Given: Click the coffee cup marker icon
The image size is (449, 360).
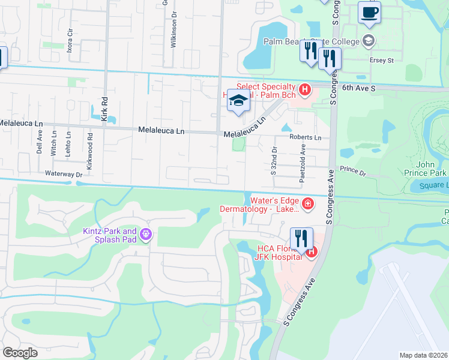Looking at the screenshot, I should click(369, 11).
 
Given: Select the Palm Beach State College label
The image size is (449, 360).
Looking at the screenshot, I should click(311, 41).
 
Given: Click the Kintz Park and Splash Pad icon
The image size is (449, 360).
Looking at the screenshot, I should click(145, 233).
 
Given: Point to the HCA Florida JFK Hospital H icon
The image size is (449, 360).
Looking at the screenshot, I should click(312, 253).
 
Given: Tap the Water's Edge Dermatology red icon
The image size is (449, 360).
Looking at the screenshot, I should click(308, 205).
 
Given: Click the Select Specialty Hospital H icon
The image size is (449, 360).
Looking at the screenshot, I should click(305, 91).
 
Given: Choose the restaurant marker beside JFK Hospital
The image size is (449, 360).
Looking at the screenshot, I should click(301, 238).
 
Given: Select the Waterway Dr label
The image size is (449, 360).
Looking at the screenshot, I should click(63, 174).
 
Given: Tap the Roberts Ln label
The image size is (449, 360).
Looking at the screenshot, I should click(306, 137).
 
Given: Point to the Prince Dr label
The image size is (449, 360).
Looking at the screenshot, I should click(353, 172).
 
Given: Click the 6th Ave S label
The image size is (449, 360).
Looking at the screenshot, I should click(359, 88).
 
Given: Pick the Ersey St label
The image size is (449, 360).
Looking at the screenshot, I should click(382, 60).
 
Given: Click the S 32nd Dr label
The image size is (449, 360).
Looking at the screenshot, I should click(273, 161).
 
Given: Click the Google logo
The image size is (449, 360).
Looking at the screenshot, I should click(20, 353).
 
